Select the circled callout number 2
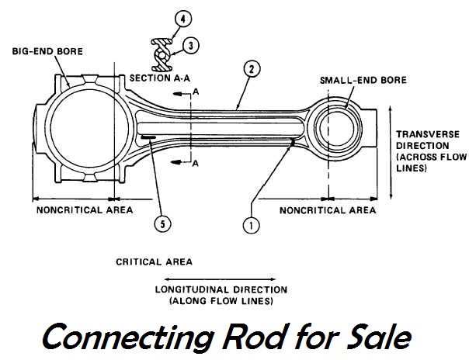click(248, 68)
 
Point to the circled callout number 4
click(179, 17)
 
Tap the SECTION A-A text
click(160, 78)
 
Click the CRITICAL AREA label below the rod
click(154, 262)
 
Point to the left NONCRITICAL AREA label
click(84, 210)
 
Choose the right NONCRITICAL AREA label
click(328, 210)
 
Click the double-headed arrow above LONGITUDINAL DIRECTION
click(221, 278)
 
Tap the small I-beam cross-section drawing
click(165, 51)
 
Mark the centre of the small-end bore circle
click(337, 126)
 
